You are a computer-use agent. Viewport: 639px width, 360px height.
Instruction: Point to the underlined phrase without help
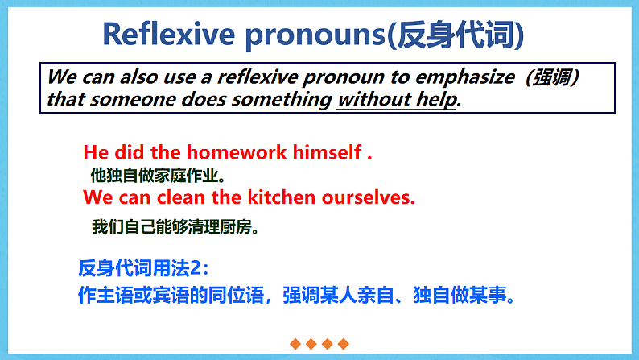point(397,100)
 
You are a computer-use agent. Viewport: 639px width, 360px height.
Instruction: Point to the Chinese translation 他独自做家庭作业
point(158,174)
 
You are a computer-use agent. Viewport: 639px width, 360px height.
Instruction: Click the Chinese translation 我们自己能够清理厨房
point(175,227)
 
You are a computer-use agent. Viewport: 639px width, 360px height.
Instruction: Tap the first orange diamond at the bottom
point(295,344)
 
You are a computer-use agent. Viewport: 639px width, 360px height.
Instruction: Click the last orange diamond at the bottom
point(344,344)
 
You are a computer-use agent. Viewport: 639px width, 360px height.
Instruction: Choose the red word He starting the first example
point(96,151)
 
